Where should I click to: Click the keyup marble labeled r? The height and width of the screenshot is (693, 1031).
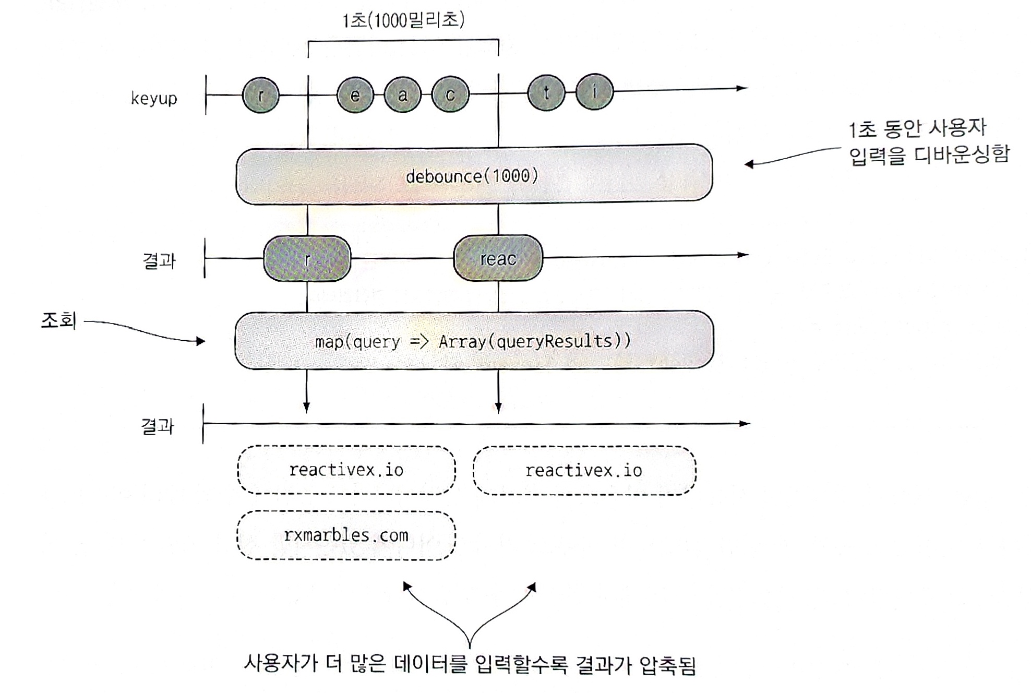coord(261,95)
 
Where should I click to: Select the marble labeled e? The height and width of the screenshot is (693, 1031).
coord(355,95)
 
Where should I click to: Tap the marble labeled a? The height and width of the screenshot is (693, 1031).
coord(402,95)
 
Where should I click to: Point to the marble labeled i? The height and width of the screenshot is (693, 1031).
coord(594,92)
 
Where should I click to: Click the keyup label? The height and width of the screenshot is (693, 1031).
coord(154,98)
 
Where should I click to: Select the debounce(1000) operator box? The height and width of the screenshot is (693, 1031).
coord(474,175)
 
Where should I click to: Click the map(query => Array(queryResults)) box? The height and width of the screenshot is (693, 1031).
coord(474,341)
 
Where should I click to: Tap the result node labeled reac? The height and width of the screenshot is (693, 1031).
coord(498,258)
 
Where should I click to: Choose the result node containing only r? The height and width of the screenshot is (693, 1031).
coord(307,259)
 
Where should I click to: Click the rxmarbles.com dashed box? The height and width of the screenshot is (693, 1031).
coord(346,535)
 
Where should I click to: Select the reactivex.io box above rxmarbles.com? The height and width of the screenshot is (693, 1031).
coord(346,470)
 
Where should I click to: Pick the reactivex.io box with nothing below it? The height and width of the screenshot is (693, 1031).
coord(584,471)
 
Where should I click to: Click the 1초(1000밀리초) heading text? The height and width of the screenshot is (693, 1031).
coord(403,20)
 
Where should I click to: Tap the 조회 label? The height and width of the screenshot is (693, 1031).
coord(58,320)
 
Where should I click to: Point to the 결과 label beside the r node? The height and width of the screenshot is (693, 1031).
coord(159,260)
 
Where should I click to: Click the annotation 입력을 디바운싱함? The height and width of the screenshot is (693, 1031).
coord(929,155)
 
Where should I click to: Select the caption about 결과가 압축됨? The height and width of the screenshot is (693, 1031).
coord(470,664)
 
